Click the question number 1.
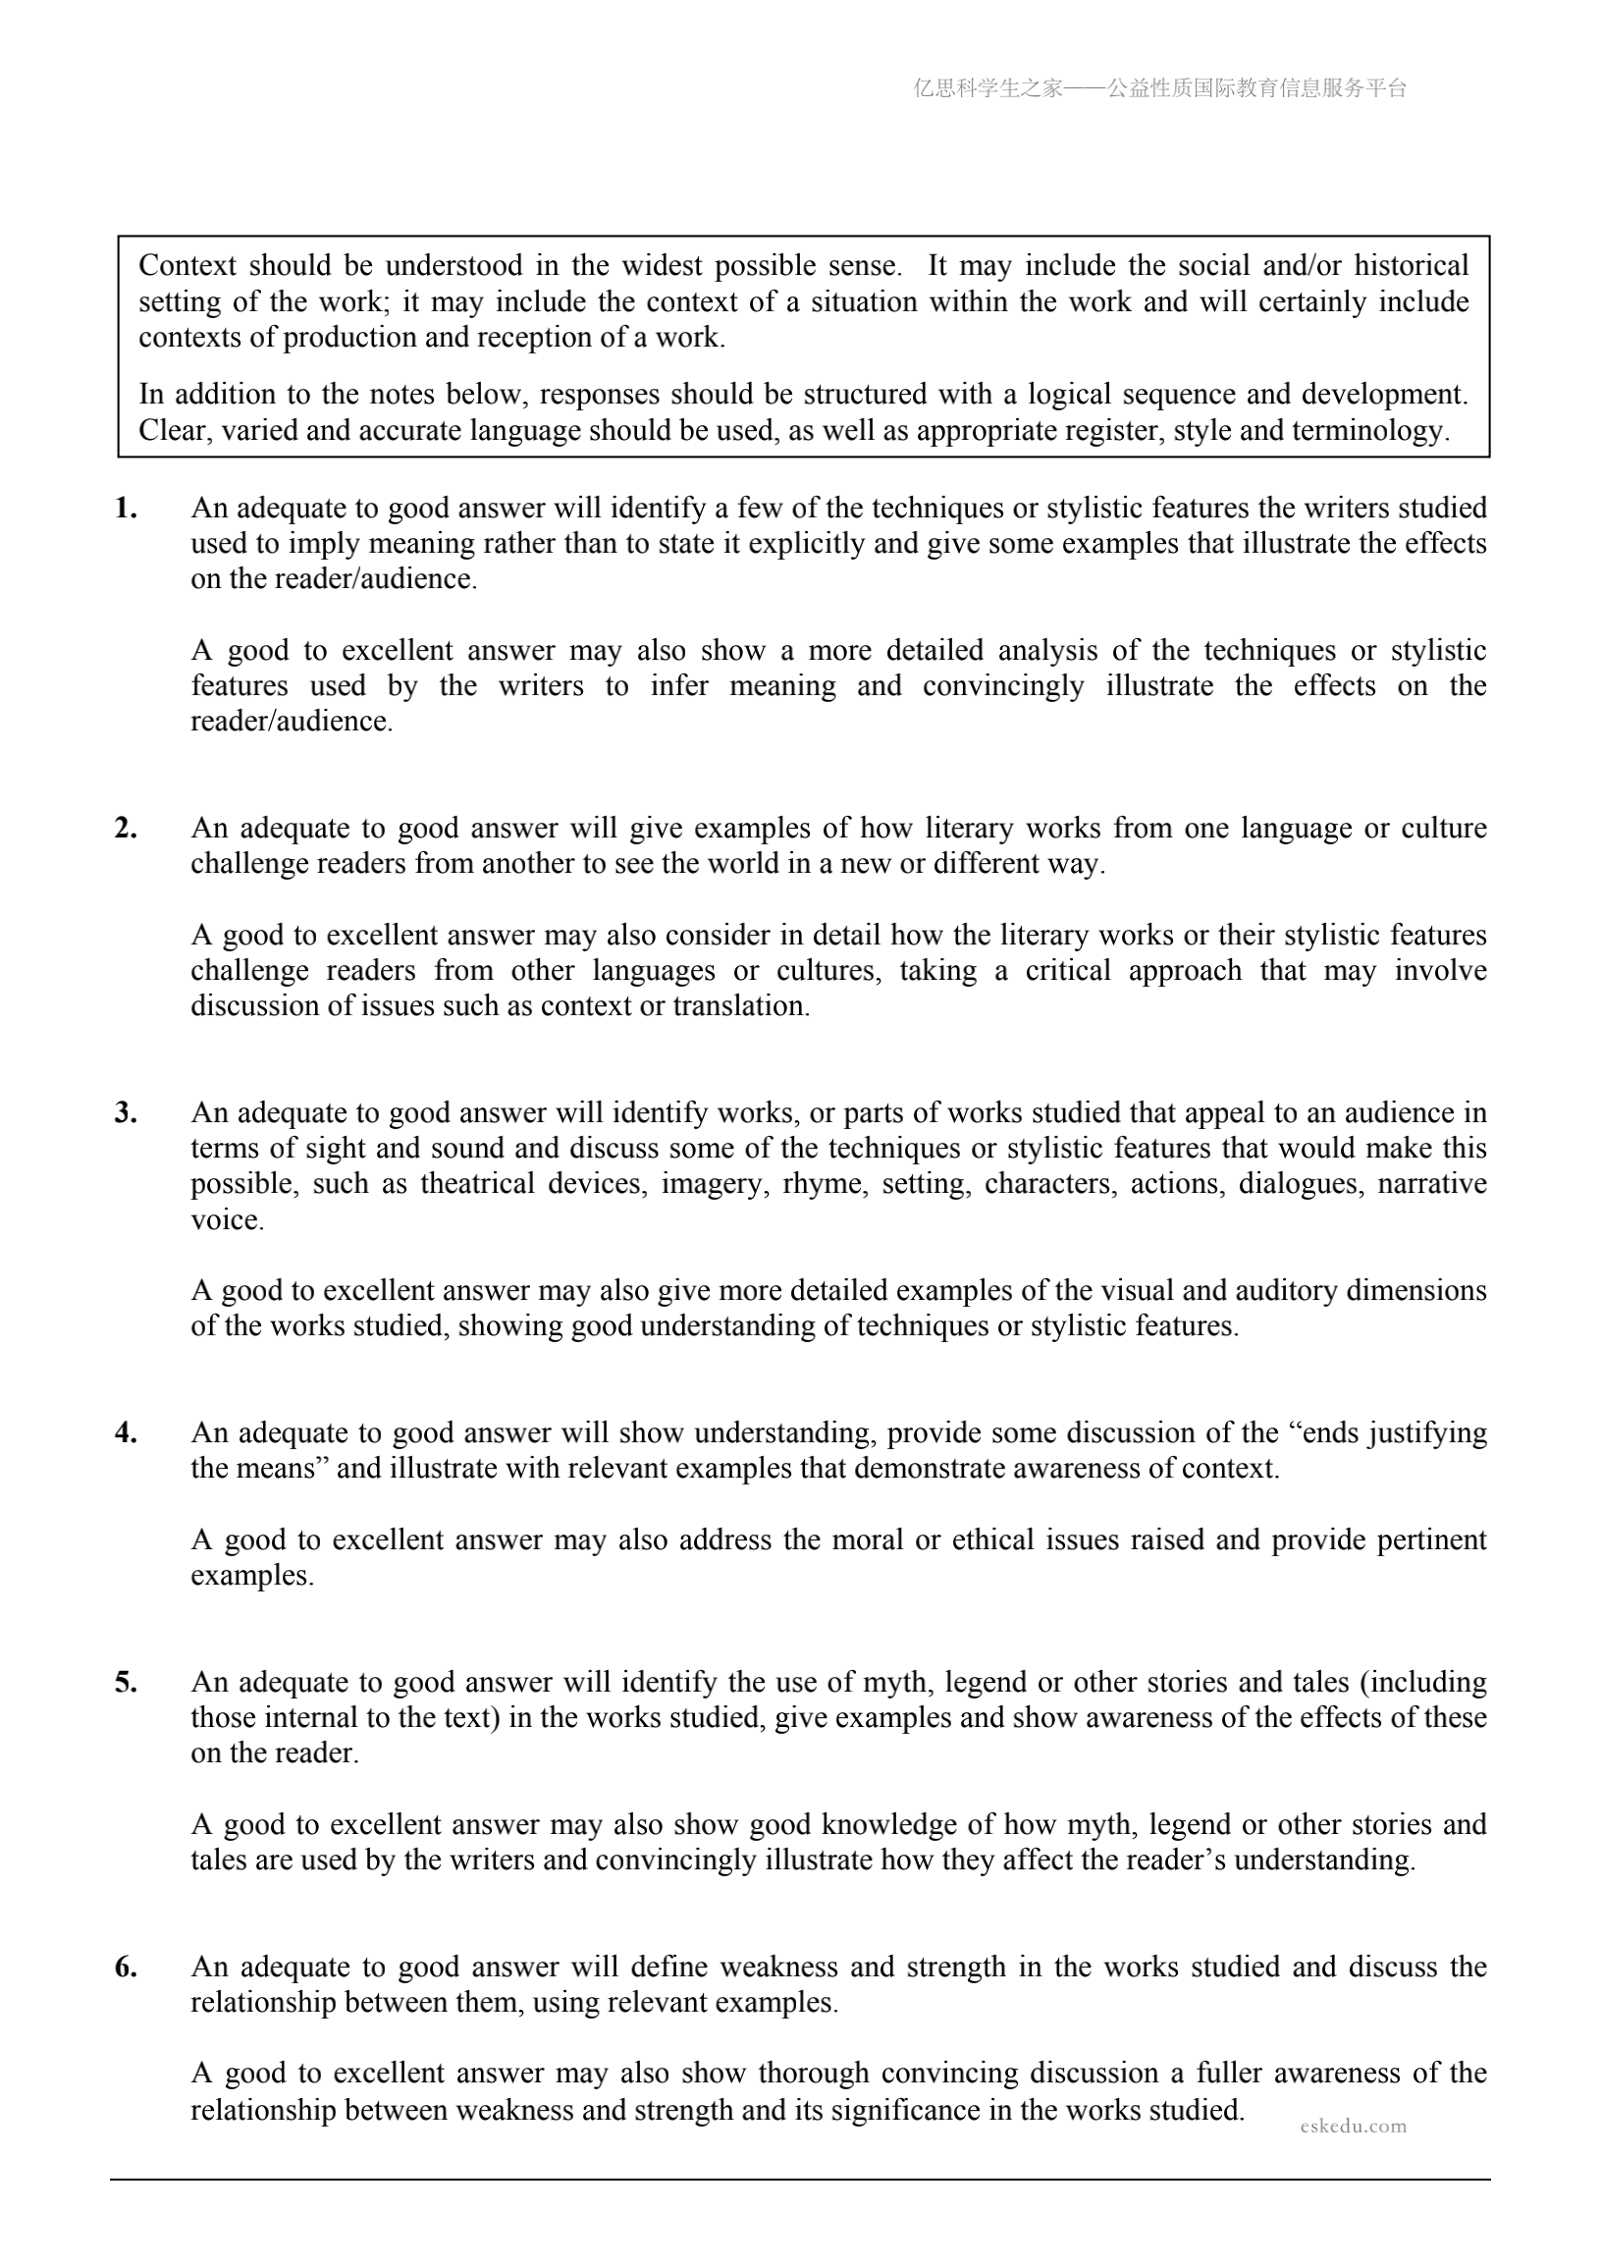(126, 508)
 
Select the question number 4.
(126, 1432)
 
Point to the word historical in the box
(1411, 265)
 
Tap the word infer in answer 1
(678, 685)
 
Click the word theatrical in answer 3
(476, 1184)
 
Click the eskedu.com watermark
(1353, 2126)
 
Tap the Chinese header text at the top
(1159, 88)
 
